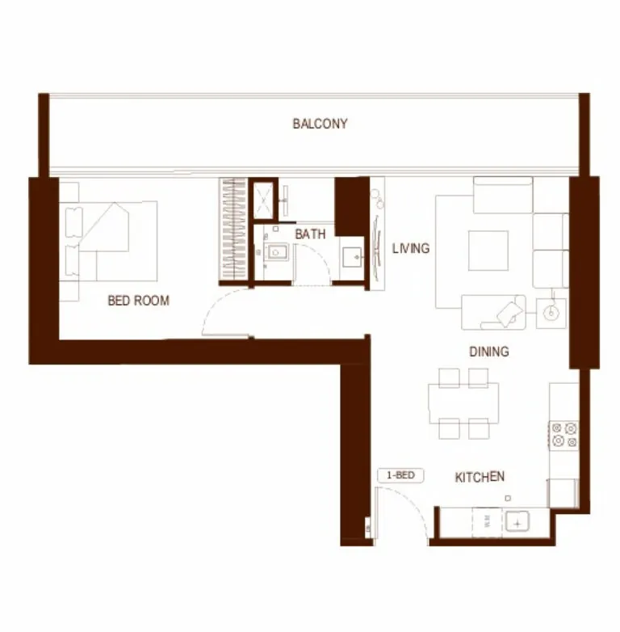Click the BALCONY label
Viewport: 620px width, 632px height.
pyautogui.click(x=320, y=124)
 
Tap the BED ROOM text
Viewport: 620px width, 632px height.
pyautogui.click(x=139, y=301)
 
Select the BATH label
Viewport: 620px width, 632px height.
pyautogui.click(x=310, y=234)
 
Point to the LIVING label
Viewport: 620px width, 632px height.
pyautogui.click(x=411, y=248)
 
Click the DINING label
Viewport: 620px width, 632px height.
pyautogui.click(x=489, y=352)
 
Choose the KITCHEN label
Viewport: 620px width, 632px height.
pyautogui.click(x=480, y=478)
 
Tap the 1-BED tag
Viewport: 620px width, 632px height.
pyautogui.click(x=400, y=475)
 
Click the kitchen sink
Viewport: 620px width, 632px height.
pyautogui.click(x=515, y=522)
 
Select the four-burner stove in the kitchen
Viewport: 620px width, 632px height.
pyautogui.click(x=563, y=435)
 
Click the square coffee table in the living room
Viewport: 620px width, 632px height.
pyautogui.click(x=488, y=251)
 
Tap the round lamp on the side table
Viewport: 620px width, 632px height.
pyautogui.click(x=552, y=313)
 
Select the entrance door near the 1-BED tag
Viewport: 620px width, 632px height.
pyautogui.click(x=400, y=517)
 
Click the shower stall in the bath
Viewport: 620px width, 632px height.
pyautogui.click(x=264, y=200)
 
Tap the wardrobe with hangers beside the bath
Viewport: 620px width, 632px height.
pyautogui.click(x=233, y=230)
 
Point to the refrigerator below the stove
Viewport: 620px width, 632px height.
pyautogui.click(x=563, y=493)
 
